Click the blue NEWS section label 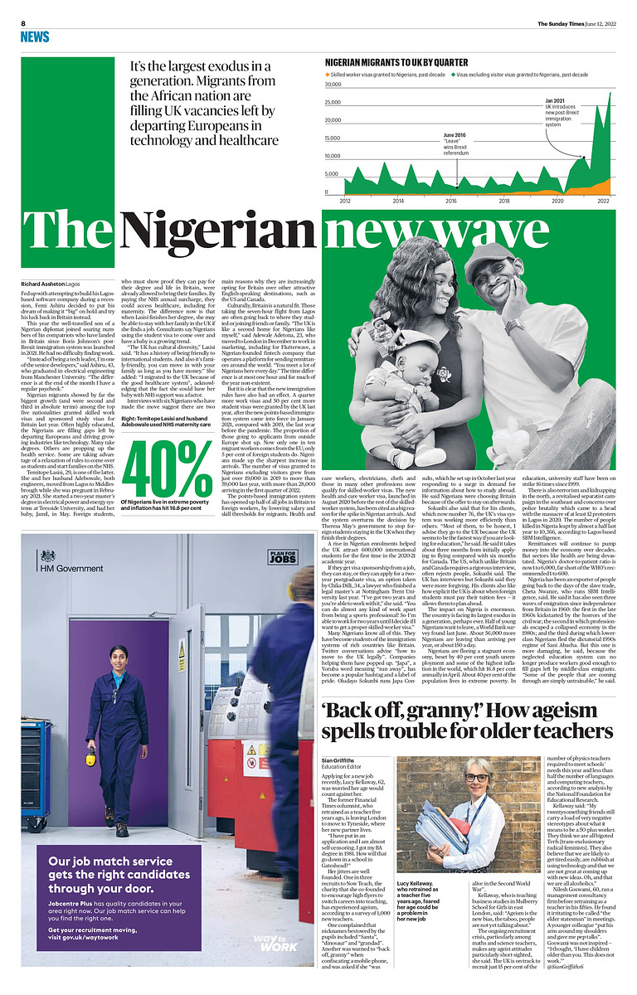click(x=35, y=36)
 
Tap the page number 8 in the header click(x=23, y=23)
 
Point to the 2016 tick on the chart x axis click(x=451, y=201)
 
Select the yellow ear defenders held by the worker click(x=90, y=755)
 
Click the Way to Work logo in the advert click(x=277, y=941)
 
